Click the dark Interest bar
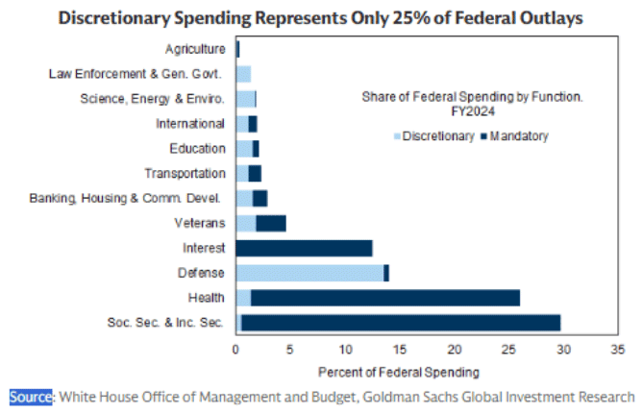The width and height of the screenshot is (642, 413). (304, 248)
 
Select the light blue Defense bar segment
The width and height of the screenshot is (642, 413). (309, 273)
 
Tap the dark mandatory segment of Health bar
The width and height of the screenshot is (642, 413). (384, 298)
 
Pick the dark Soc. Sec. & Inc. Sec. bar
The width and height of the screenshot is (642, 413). (400, 323)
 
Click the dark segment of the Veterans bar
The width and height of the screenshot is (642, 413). (271, 223)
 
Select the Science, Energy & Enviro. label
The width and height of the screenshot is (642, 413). (152, 98)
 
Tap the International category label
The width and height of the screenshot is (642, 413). (190, 123)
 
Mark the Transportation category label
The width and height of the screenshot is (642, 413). (185, 173)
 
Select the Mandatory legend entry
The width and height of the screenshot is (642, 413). (519, 136)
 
